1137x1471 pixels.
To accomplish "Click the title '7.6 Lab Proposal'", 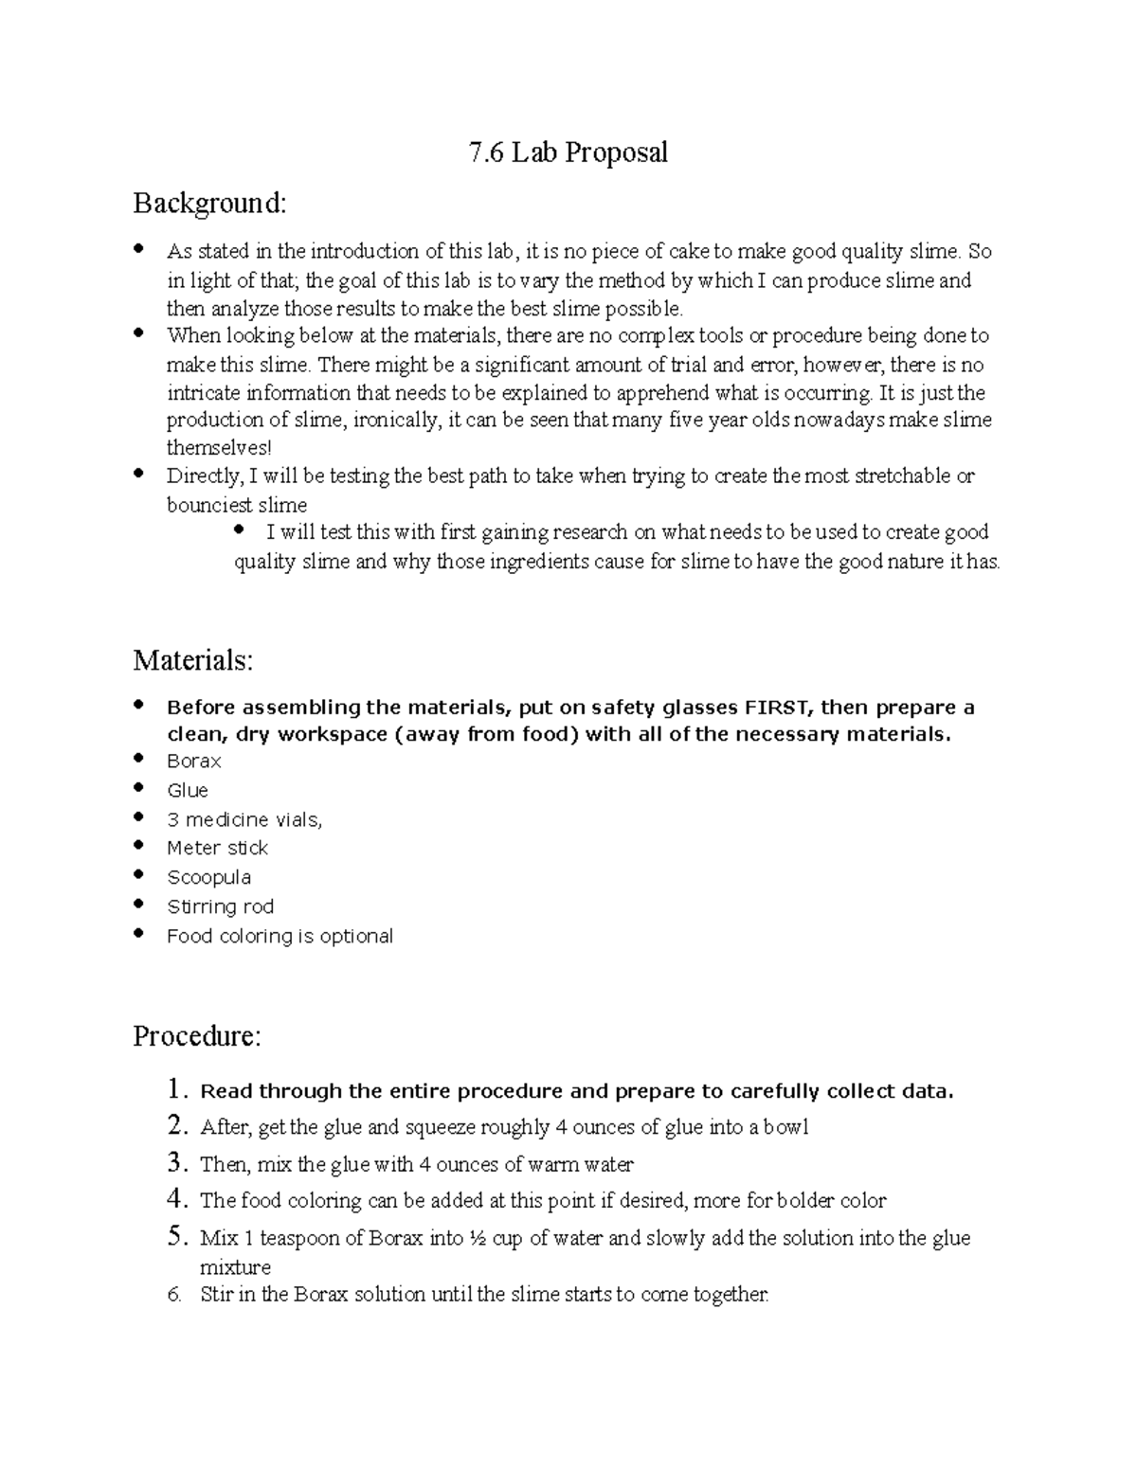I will point(568,152).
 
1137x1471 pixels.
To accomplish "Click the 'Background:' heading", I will point(208,203).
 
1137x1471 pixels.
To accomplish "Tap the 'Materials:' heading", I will point(193,660).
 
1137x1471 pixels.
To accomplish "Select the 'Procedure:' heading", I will point(196,1036).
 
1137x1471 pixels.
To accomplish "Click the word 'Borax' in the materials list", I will point(194,761).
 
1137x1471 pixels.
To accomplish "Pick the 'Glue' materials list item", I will point(188,790).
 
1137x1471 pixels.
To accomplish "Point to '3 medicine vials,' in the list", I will point(244,819).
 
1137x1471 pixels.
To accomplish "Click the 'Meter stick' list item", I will point(217,848).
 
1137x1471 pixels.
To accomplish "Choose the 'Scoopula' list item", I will point(208,877).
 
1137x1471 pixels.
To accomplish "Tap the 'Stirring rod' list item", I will point(220,906).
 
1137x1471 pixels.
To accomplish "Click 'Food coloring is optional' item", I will point(280,936).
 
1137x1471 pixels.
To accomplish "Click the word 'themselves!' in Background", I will point(219,448).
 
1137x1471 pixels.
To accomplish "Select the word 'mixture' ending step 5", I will point(235,1267).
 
